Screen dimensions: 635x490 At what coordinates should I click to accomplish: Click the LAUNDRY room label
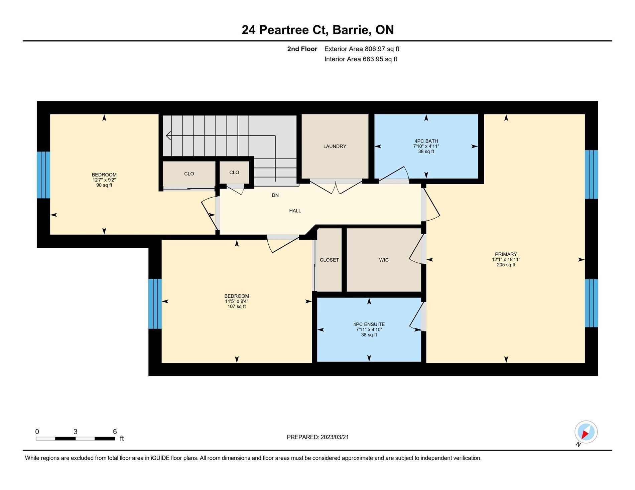point(335,146)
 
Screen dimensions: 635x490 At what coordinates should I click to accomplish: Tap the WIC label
point(384,260)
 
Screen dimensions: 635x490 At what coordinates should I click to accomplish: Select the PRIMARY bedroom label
point(506,254)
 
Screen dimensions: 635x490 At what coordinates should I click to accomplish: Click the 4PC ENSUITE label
point(369,324)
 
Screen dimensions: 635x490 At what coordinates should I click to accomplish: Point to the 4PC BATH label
point(426,141)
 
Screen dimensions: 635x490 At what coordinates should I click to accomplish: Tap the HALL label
point(295,211)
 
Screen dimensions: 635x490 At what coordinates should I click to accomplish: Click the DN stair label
point(275,195)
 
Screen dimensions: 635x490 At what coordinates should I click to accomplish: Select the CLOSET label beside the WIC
point(329,260)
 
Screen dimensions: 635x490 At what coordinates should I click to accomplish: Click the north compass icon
point(586,432)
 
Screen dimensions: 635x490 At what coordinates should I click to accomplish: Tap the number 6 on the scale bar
point(115,431)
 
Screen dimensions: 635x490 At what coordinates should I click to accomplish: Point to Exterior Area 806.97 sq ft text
point(362,49)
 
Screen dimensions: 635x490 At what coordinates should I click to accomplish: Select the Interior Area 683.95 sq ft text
point(361,59)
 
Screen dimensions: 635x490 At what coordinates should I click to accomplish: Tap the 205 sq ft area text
point(506,265)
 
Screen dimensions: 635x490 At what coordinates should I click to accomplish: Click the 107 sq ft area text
point(237,306)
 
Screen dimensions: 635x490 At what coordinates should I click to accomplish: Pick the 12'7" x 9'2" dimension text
point(104,180)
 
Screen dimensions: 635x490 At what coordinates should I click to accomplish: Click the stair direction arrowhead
point(168,136)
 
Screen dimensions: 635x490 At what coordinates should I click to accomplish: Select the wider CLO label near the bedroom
point(189,174)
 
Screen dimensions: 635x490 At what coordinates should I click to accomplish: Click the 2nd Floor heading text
point(302,49)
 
